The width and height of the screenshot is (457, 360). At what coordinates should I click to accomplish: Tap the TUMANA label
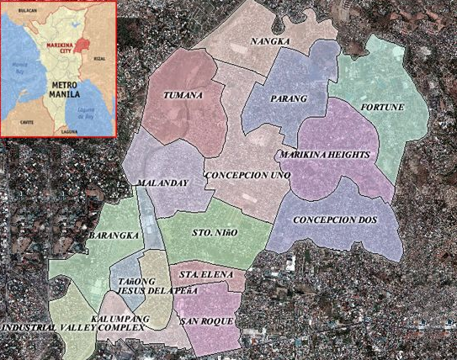[183, 95]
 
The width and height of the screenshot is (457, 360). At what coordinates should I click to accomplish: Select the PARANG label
[289, 99]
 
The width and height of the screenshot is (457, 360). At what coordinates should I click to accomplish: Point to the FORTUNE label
[382, 108]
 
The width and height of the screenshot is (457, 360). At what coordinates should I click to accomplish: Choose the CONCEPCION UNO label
[247, 175]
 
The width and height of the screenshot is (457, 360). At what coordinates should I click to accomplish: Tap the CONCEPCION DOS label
[335, 220]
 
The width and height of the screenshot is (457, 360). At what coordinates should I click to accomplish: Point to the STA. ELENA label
[201, 274]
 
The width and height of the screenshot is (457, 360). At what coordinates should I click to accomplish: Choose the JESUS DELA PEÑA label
[157, 290]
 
